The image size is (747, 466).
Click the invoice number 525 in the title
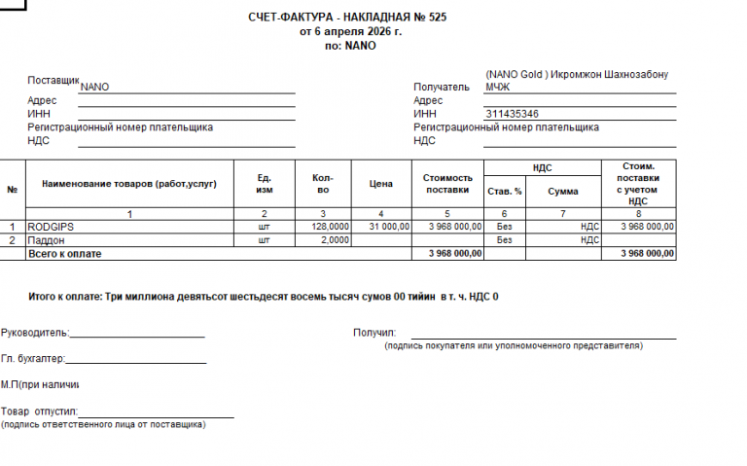coord(438,18)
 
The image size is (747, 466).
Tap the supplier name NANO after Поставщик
coord(95,87)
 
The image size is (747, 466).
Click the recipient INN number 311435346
coord(512,114)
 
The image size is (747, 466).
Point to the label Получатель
coord(441,87)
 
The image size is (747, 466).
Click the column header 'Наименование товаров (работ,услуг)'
coord(128,183)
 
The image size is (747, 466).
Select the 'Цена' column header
coord(380,183)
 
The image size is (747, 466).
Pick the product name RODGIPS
coord(52,226)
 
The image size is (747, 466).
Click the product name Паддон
coord(46,239)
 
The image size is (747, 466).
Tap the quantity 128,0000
coord(330,226)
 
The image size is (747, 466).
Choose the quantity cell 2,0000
coord(335,239)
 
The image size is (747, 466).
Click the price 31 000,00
coord(389,226)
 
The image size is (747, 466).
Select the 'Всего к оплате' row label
coord(64,253)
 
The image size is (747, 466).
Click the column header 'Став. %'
coord(504,191)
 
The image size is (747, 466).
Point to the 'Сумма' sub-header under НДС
coord(562,191)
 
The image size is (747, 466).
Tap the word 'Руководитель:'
coord(34,332)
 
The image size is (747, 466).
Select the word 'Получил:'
coord(373,332)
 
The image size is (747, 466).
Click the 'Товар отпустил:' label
coord(39,412)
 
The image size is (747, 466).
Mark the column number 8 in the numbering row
coord(638,212)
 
